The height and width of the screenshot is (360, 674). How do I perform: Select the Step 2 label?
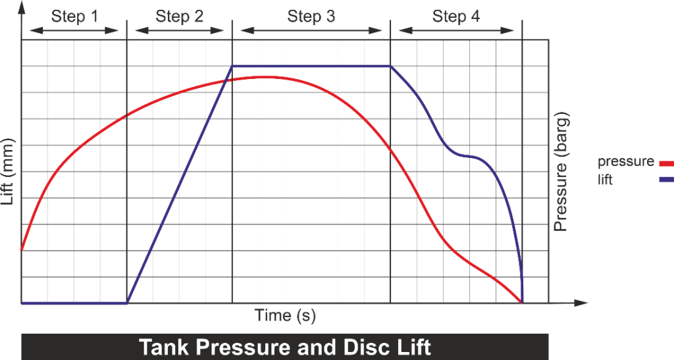(x=180, y=16)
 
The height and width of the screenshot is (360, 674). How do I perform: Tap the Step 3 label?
(x=311, y=16)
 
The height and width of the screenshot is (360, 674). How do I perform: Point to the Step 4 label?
(x=456, y=16)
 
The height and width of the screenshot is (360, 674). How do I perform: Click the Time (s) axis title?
(x=285, y=316)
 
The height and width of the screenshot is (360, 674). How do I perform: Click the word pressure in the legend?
(x=626, y=162)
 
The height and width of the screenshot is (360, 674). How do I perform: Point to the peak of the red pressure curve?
(x=263, y=77)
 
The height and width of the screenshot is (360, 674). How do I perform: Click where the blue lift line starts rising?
(x=127, y=303)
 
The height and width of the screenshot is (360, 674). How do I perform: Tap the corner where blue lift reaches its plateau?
(x=232, y=66)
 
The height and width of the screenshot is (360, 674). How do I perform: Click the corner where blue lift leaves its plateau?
(x=390, y=66)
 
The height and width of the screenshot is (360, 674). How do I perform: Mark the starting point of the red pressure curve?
(x=22, y=250)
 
